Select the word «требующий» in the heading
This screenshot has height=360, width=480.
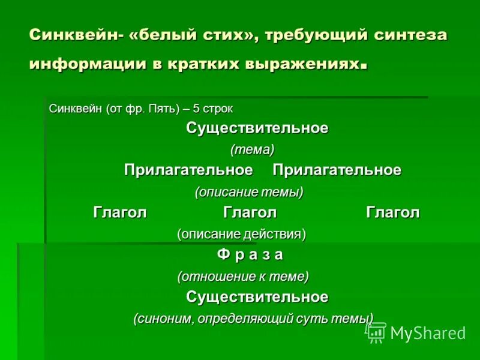[313, 35]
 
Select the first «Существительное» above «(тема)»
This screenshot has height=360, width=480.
[257, 128]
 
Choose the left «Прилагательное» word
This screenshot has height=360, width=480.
[188, 170]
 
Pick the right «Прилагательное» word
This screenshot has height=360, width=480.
[337, 170]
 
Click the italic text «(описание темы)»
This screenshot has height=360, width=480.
[249, 192]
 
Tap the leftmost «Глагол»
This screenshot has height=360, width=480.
[120, 212]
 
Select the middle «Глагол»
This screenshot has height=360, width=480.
[250, 212]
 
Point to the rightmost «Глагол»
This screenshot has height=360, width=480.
[393, 212]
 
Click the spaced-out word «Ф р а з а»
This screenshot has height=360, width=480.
[250, 254]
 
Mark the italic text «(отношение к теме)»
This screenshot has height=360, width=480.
[243, 276]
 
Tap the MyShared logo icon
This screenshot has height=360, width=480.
[377, 332]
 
